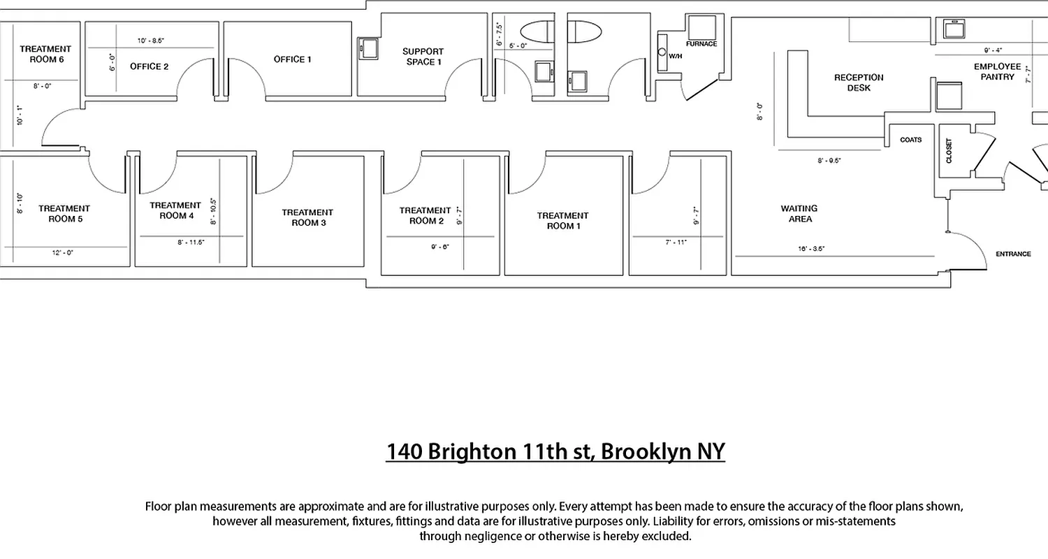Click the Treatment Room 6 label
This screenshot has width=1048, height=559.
point(46,54)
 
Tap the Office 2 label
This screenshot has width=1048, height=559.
point(150,66)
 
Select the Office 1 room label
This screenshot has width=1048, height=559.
point(293,59)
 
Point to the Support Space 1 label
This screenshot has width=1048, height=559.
point(423,57)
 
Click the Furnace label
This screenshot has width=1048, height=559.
point(701,44)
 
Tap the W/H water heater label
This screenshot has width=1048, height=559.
point(675,56)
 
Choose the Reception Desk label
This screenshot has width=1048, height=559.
point(859,82)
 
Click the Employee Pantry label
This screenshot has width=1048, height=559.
point(998,72)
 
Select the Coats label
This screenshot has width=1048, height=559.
point(911,140)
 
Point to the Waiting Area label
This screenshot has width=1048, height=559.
point(799,214)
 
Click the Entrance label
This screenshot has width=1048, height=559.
point(1013,254)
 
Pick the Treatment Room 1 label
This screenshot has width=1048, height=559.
point(562,221)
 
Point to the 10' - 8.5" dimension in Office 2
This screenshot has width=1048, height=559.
point(151,41)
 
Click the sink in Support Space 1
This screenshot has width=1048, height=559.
point(368,48)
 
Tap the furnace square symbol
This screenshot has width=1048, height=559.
point(702,27)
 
